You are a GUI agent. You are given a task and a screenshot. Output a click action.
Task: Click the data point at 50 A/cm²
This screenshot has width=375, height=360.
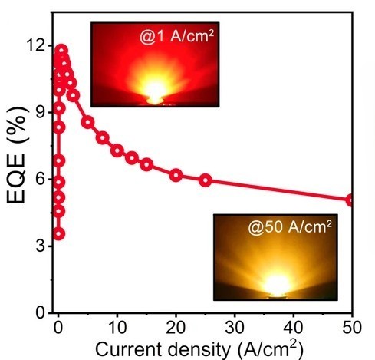[x=351, y=200]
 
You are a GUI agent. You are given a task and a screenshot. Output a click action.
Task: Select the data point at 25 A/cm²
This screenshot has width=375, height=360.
[x=205, y=180]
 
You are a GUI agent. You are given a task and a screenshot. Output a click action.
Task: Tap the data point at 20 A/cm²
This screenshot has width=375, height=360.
[x=176, y=175]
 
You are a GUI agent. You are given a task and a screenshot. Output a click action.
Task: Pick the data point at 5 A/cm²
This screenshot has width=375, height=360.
[x=87, y=122]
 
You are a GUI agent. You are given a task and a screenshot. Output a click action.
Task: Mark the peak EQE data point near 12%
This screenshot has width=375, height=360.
[x=61, y=51]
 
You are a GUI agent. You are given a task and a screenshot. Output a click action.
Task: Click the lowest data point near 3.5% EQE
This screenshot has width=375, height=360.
[x=58, y=233]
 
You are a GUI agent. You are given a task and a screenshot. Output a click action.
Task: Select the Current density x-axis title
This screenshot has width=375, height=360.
[x=204, y=348]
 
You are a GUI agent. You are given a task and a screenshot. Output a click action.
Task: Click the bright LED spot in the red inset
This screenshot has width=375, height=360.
[x=154, y=96]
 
